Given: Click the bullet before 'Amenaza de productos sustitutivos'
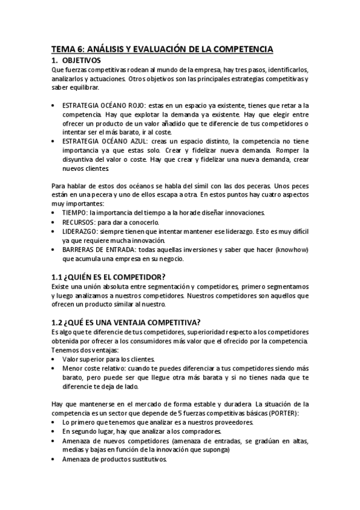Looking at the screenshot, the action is pos(55,459).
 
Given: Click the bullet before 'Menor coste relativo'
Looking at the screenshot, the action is pos(55,367).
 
